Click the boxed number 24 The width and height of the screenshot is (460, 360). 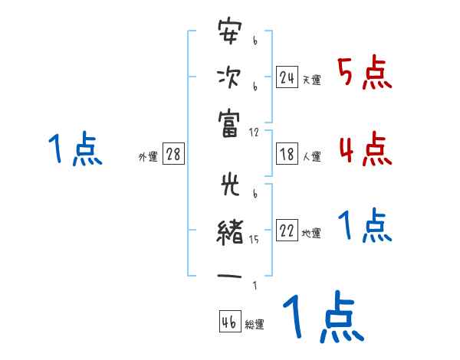click(287, 77)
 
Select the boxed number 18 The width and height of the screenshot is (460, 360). click(287, 154)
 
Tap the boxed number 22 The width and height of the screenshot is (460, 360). click(287, 231)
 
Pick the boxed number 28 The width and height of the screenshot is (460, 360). click(173, 154)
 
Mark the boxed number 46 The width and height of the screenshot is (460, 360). click(229, 322)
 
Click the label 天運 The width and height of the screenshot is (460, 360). click(311, 80)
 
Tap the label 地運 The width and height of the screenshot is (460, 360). click(311, 234)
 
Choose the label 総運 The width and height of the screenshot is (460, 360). click(255, 325)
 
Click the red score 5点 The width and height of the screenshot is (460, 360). click(364, 74)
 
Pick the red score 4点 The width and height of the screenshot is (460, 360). click(365, 149)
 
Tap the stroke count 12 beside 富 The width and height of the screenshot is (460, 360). click(254, 133)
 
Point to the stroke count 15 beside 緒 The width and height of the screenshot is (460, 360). click(254, 240)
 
